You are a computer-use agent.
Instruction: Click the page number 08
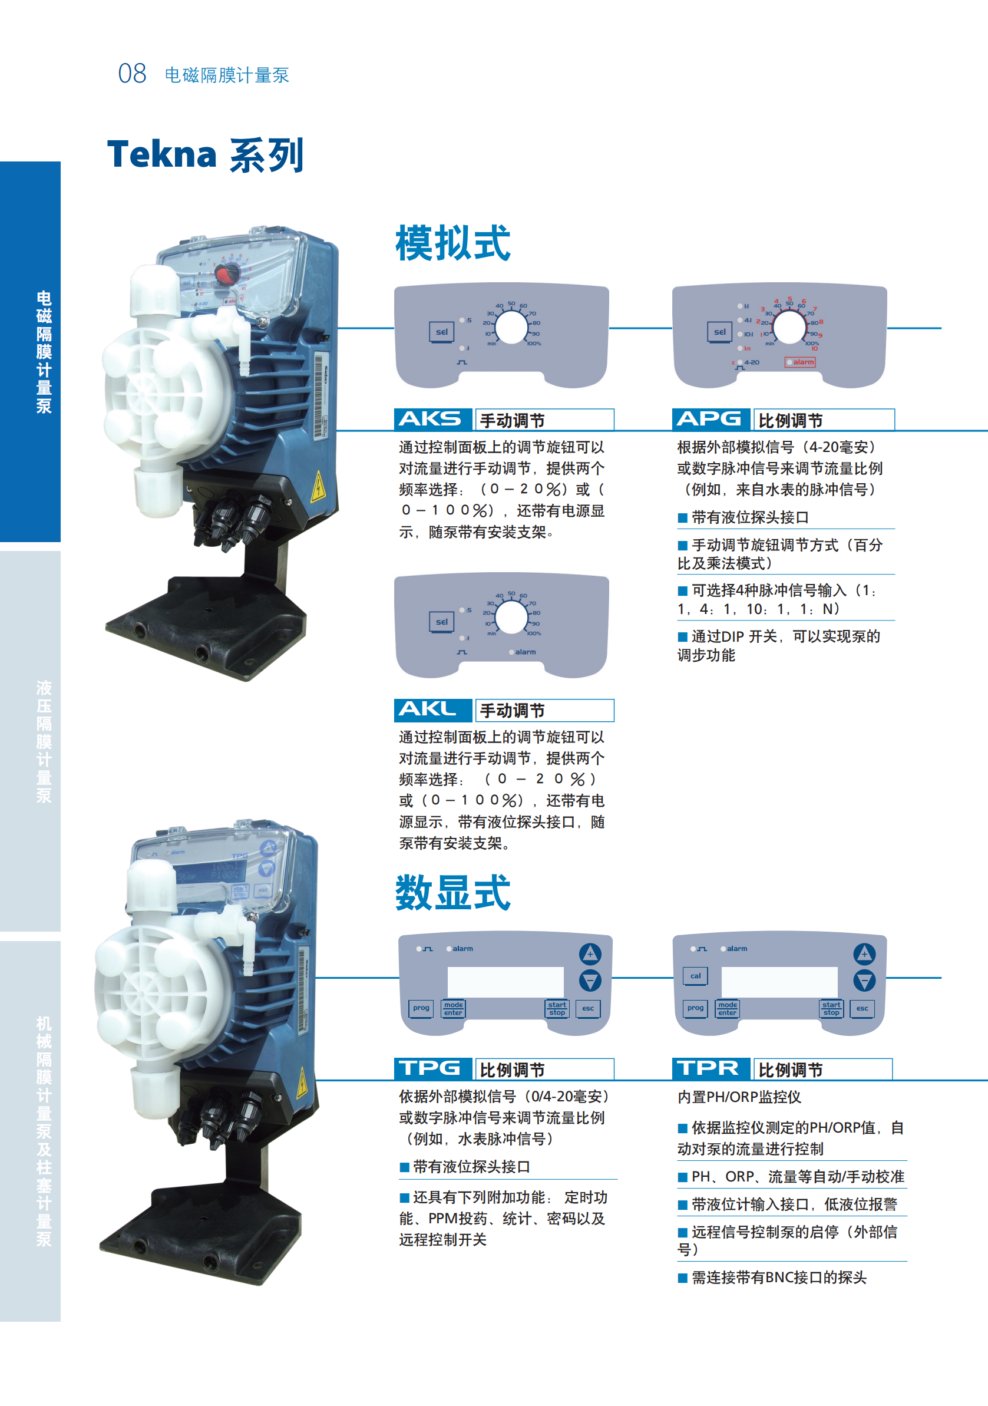pyautogui.click(x=132, y=74)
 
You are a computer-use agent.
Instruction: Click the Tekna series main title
pyautogui.click(x=205, y=154)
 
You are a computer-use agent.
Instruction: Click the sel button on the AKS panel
pyautogui.click(x=441, y=332)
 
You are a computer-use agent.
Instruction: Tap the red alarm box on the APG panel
pyautogui.click(x=800, y=362)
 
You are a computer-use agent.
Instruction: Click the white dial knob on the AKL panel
pyautogui.click(x=511, y=618)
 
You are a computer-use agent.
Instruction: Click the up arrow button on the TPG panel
pyautogui.click(x=590, y=953)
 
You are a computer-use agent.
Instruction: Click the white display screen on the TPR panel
pyautogui.click(x=779, y=982)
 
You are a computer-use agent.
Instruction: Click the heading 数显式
pyautogui.click(x=452, y=893)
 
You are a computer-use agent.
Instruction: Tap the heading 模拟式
pyautogui.click(x=452, y=243)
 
